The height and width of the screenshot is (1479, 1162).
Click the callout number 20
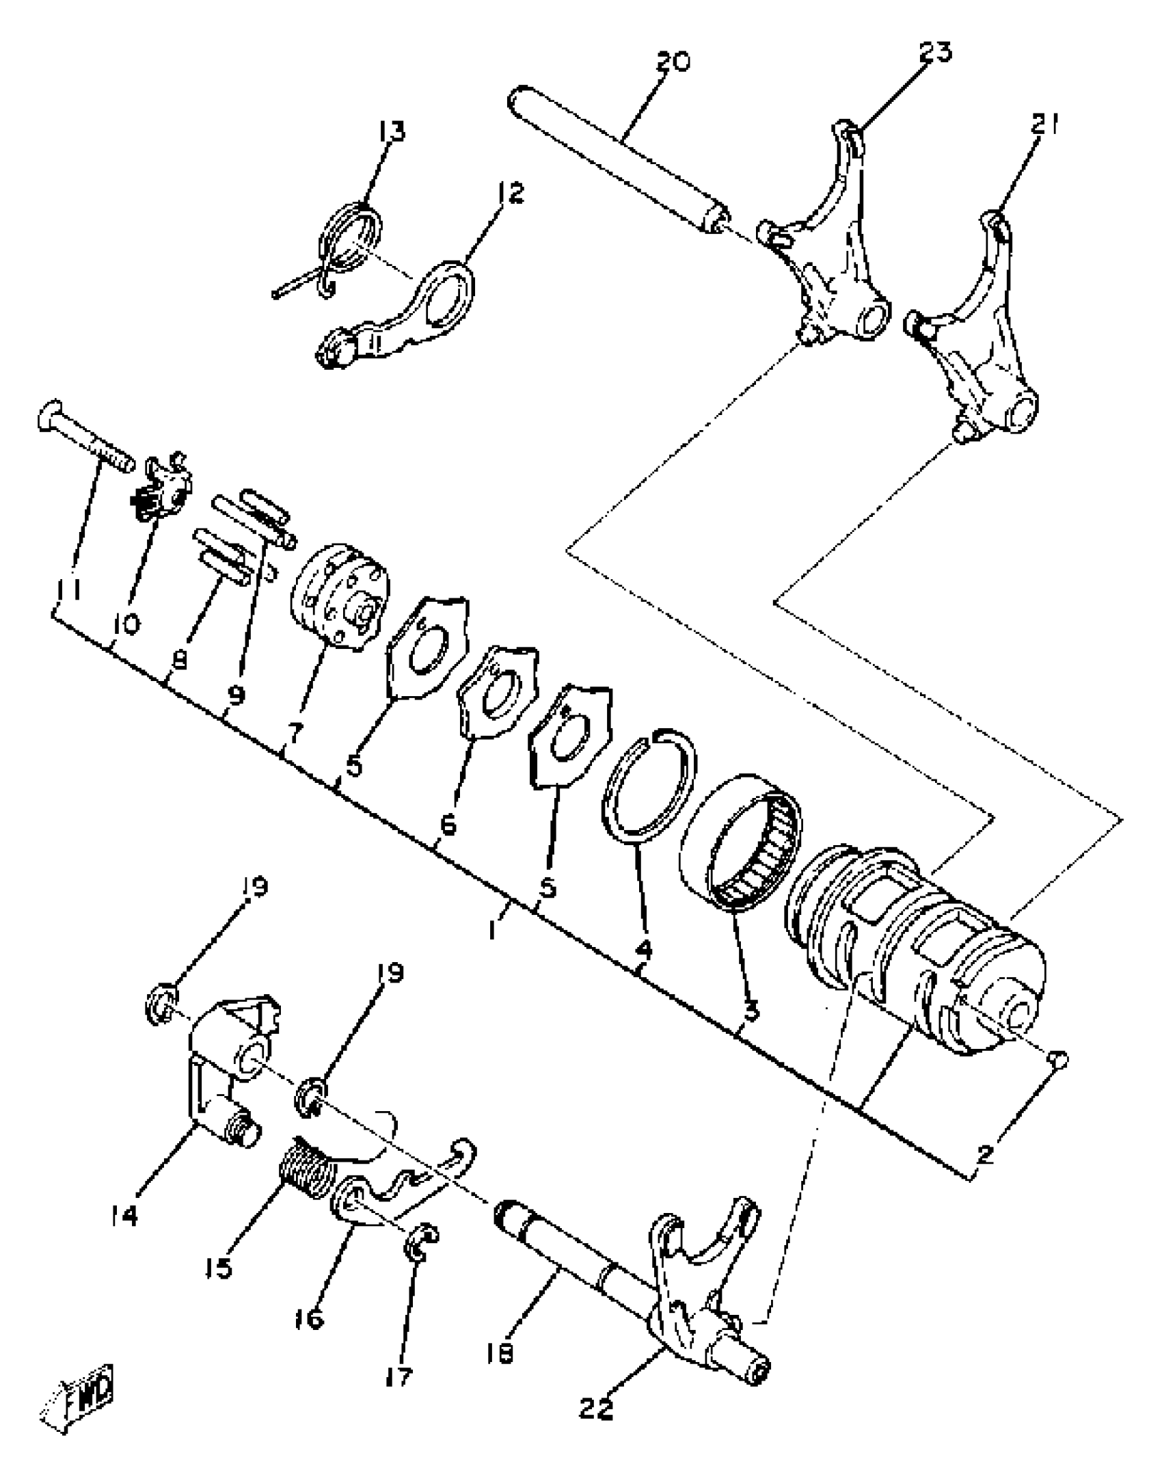pyautogui.click(x=673, y=62)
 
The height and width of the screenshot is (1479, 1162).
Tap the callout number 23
pyautogui.click(x=936, y=51)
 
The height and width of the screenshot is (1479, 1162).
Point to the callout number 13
pyautogui.click(x=392, y=130)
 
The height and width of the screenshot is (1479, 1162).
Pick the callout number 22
pyautogui.click(x=596, y=1409)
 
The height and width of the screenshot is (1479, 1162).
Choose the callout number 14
pyautogui.click(x=123, y=1215)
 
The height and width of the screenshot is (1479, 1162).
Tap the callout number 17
pyautogui.click(x=398, y=1376)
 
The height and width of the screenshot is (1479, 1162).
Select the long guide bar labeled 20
pyautogui.click(x=615, y=161)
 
